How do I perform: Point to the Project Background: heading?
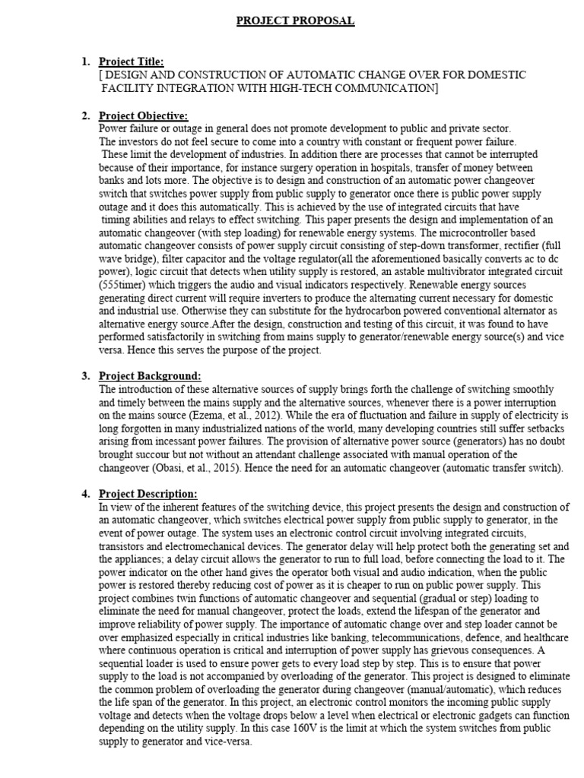click(x=150, y=376)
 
